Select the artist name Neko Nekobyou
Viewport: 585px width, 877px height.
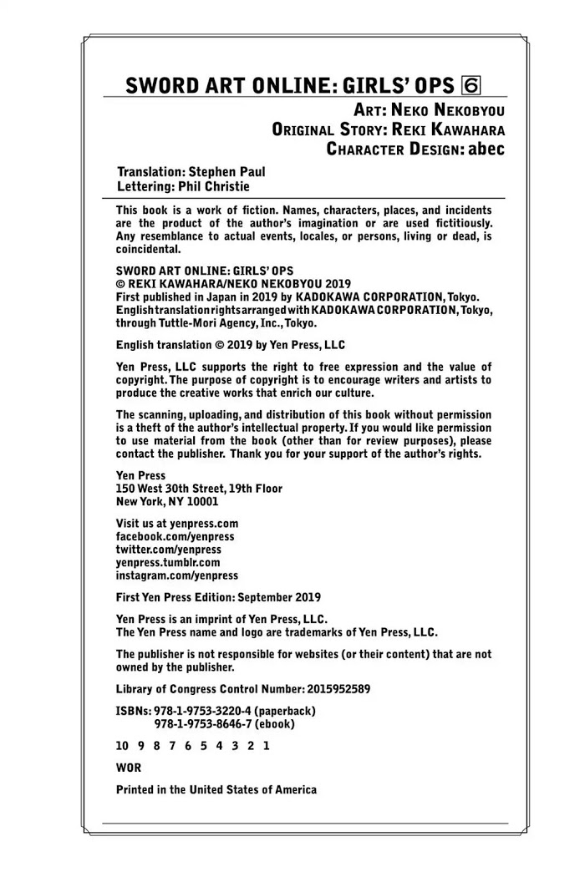coord(447,109)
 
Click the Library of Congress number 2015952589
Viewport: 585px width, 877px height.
coord(323,689)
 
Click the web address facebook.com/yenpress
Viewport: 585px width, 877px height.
coord(175,536)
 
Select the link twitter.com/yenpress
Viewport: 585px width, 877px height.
coord(168,550)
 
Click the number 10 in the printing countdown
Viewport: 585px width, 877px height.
coord(123,746)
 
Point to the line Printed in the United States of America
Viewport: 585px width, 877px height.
coord(216,789)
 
